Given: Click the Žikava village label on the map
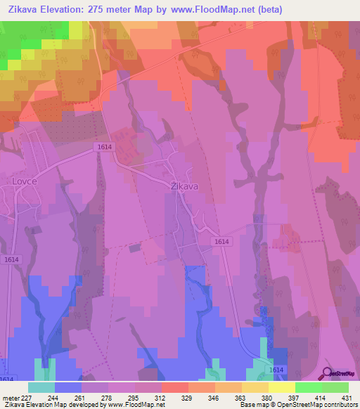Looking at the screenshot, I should pos(184,186).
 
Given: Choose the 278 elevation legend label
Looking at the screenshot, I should pos(108,397).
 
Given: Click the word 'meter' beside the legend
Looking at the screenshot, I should pos(9,397).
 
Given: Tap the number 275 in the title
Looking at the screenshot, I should pos(120,10).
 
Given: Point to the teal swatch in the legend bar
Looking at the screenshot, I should pos(41,387).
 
